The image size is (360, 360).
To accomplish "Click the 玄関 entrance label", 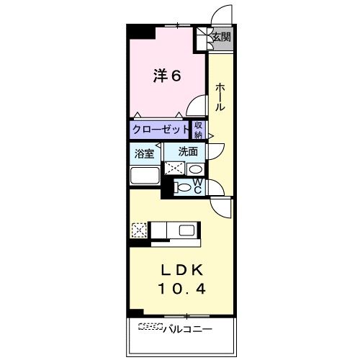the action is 222,37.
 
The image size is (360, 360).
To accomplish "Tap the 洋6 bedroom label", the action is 167,76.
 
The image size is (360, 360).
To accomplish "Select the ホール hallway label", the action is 220,97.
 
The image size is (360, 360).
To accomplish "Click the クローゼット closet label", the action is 161,130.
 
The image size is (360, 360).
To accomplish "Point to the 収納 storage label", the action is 199,130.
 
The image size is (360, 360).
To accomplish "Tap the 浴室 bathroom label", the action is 144,153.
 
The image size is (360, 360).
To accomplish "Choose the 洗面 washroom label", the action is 188,151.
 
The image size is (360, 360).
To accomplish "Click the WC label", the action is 197,186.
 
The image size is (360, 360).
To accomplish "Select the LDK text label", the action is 182,271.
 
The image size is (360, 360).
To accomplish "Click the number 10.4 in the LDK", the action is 181,289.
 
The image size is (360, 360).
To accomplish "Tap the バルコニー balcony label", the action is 188,329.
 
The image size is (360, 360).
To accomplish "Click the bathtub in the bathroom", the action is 145,176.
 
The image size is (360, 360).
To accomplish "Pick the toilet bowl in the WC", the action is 184,187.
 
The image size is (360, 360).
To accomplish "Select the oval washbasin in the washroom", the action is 195,169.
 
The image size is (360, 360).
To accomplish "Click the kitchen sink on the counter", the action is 188,230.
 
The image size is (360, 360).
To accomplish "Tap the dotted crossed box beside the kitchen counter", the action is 139,230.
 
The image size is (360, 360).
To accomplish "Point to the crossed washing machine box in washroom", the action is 174,168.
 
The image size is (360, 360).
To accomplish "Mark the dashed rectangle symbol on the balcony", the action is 150,326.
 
